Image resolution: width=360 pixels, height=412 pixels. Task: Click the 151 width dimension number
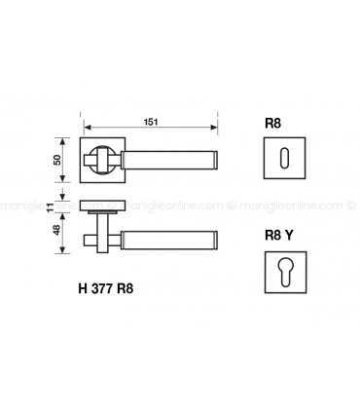(x=151, y=120)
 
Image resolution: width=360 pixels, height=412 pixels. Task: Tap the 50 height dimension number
(x=58, y=159)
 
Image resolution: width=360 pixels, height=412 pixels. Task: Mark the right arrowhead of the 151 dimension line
(x=214, y=128)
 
